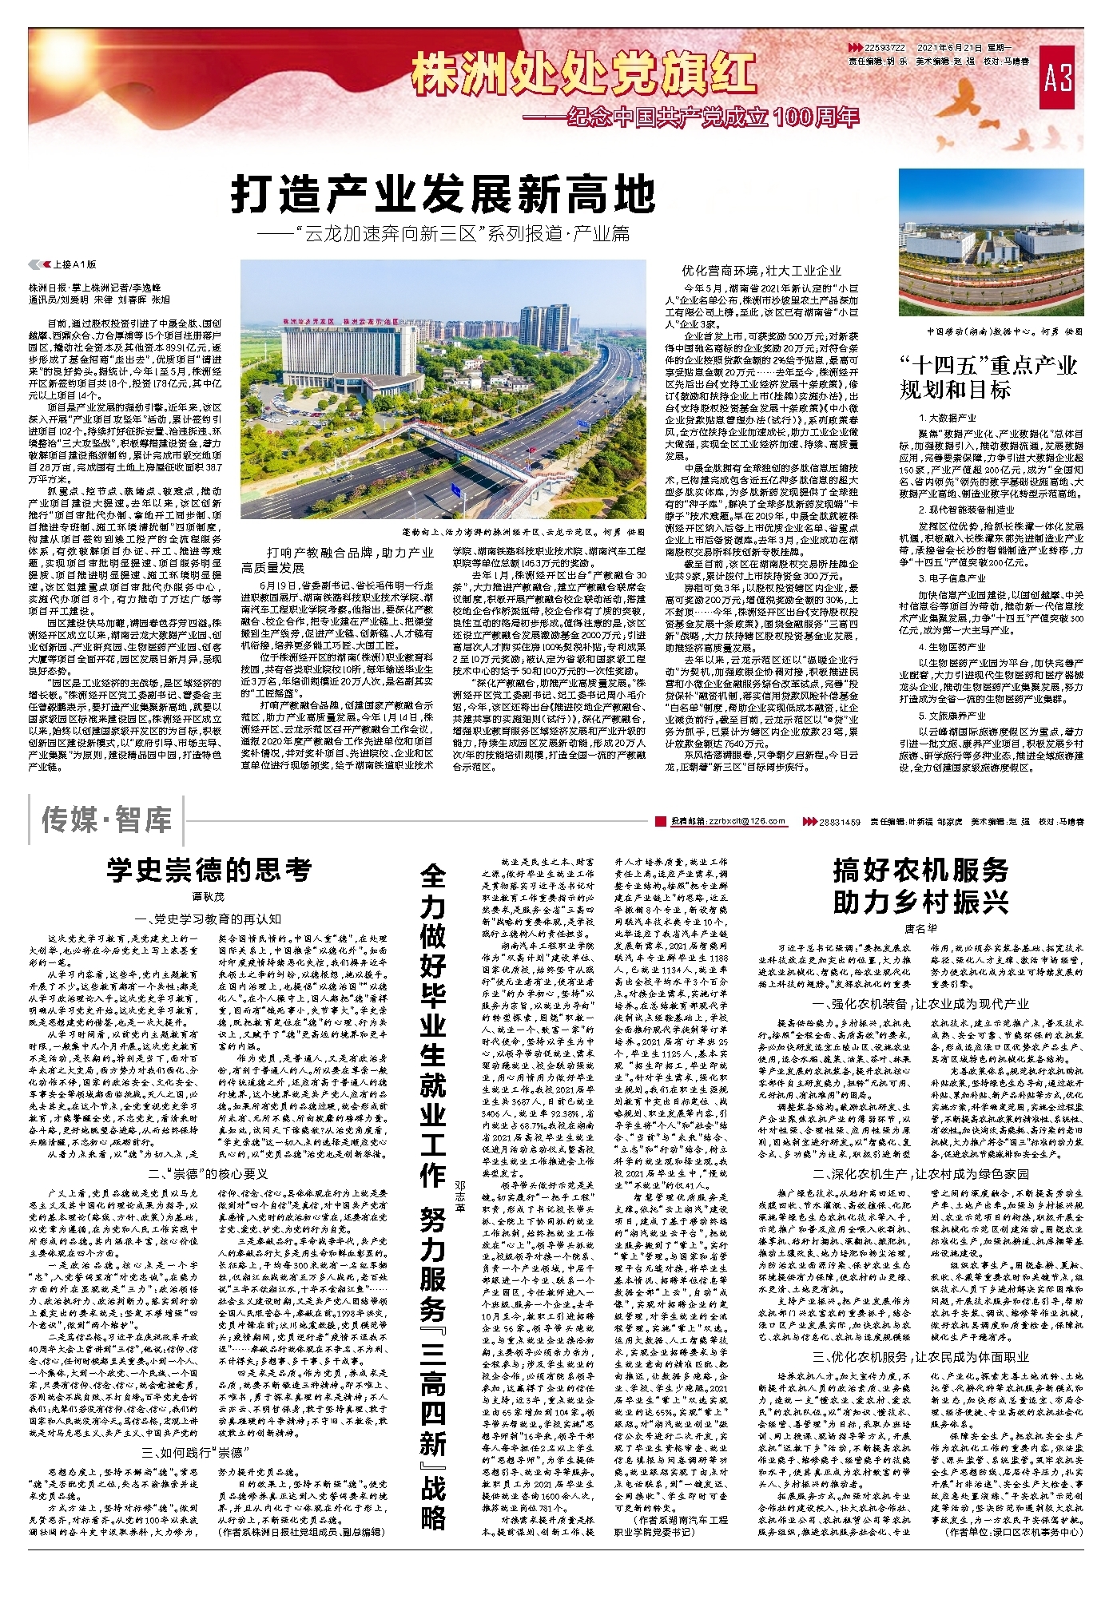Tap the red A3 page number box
[1058, 77]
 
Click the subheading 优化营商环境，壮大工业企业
[761, 271]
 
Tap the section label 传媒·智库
[107, 820]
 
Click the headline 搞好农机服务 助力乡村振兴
[920, 885]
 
